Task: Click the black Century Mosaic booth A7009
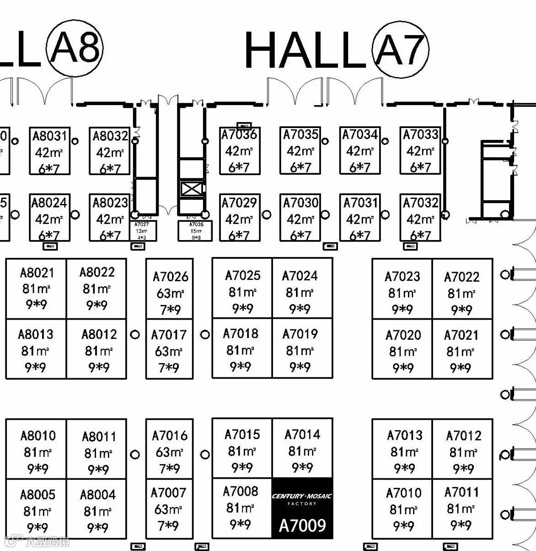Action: pos(302,508)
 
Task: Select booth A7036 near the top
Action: pos(239,151)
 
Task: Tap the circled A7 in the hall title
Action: pos(400,49)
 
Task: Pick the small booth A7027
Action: pos(142,231)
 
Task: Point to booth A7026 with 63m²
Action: pos(170,289)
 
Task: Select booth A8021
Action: pos(36,289)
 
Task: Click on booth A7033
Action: pos(420,151)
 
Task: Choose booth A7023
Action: pos(402,289)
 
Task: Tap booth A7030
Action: pos(300,218)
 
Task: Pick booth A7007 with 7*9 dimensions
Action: pos(169,508)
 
